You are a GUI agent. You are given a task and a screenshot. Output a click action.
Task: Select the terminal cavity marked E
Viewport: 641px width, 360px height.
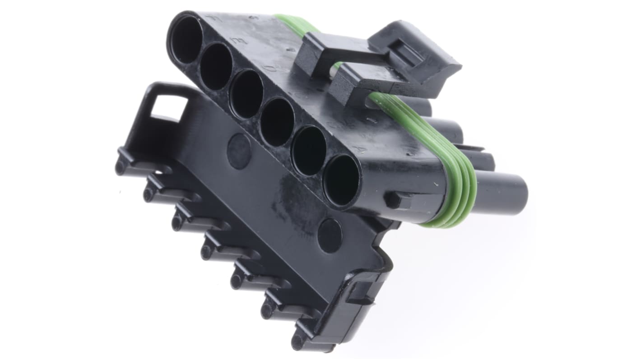click(216, 66)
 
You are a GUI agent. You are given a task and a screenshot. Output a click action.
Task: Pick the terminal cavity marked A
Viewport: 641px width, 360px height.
click(341, 180)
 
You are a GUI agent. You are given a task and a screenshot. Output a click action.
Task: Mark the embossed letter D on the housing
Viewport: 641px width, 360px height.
click(269, 69)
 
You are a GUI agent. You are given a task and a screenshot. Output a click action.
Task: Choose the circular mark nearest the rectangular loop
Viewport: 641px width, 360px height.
click(239, 151)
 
